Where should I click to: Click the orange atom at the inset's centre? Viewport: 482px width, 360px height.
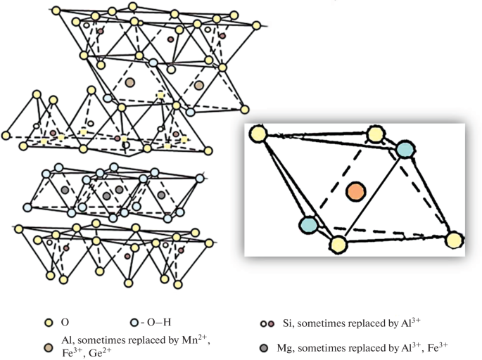pyautogui.click(x=356, y=191)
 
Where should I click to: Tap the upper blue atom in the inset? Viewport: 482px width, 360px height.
pyautogui.click(x=405, y=149)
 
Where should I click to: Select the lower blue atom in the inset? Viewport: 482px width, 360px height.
pyautogui.click(x=308, y=225)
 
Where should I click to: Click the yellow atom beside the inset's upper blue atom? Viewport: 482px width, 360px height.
pyautogui.click(x=376, y=134)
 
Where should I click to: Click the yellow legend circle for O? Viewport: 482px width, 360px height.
pyautogui.click(x=48, y=322)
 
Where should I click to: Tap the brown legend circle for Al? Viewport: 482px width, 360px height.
pyautogui.click(x=48, y=346)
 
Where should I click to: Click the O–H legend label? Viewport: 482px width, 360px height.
pyautogui.click(x=156, y=322)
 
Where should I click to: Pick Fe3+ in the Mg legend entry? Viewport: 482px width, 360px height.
pyautogui.click(x=433, y=346)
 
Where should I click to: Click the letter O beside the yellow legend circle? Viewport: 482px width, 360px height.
pyautogui.click(x=65, y=322)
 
